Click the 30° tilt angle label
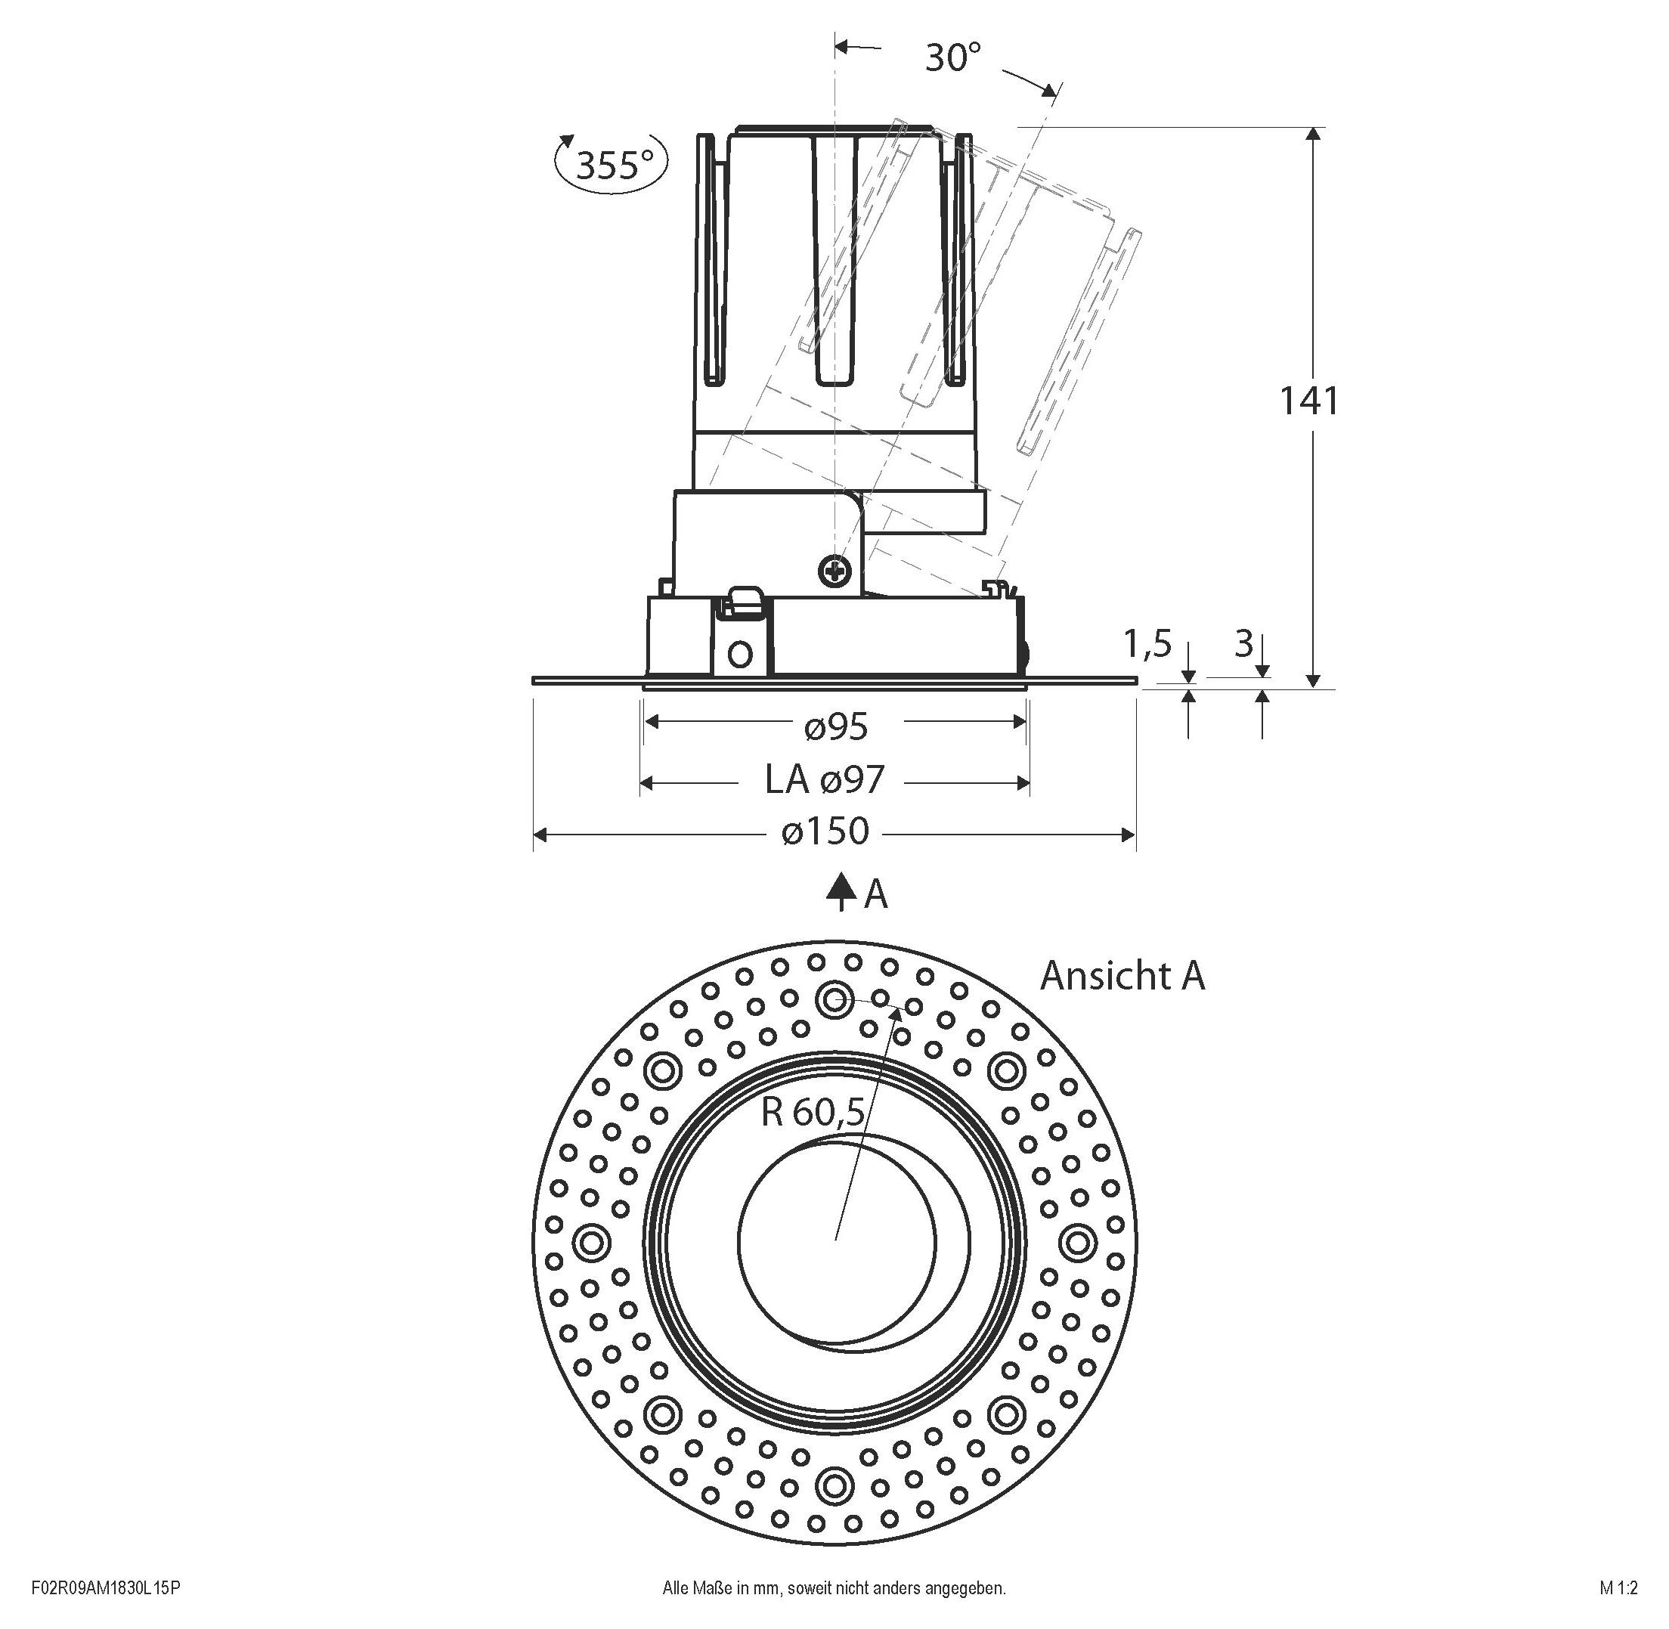pos(952,57)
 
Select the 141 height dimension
pos(1307,401)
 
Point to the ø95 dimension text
pos(836,727)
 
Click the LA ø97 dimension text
pos(824,780)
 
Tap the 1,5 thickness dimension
pos(1147,643)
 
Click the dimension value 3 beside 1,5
pos(1243,643)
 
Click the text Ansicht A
pos(1122,975)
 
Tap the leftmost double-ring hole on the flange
pos(590,1240)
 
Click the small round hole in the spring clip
pos(741,655)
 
